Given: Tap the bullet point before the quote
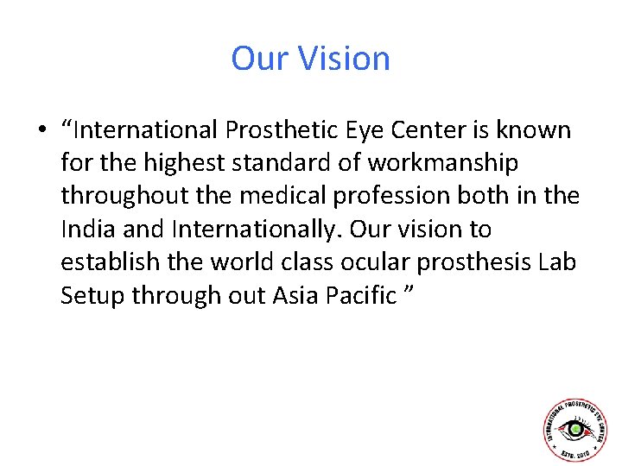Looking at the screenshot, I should (41, 131).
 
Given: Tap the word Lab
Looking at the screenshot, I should (556, 262).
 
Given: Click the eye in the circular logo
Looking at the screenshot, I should (575, 429).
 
